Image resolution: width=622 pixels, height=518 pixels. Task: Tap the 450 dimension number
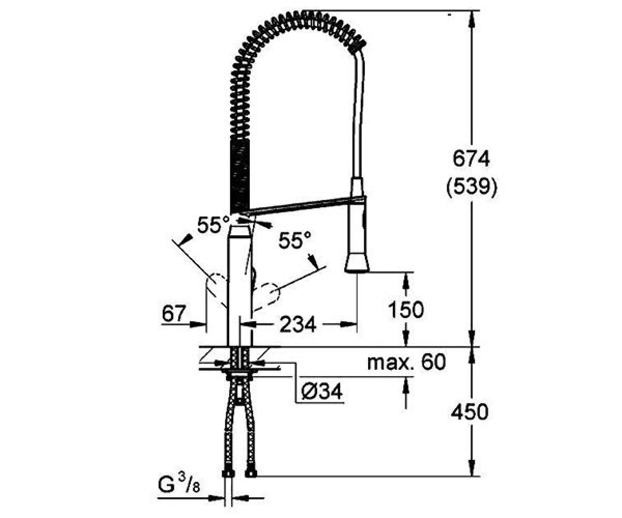point(470,412)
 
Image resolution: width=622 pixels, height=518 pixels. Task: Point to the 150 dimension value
point(406,309)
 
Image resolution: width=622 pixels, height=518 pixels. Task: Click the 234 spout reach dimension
point(298,324)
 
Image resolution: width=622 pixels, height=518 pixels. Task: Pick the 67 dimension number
point(174,313)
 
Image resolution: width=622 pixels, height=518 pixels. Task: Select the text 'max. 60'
point(406,362)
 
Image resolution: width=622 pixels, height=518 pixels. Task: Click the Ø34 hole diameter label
point(322,391)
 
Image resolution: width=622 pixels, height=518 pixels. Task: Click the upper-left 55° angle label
point(213,225)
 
